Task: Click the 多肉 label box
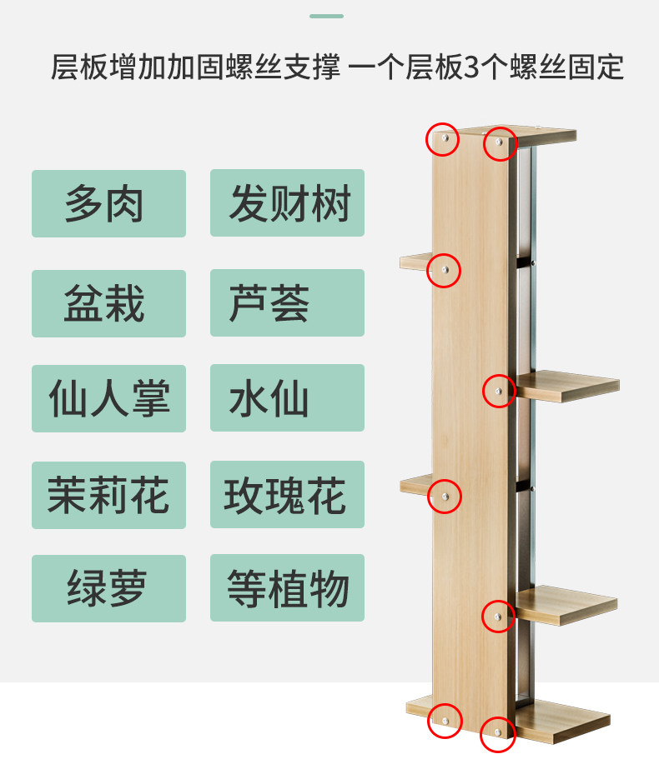pyautogui.click(x=108, y=204)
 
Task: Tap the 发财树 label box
pyautogui.click(x=287, y=203)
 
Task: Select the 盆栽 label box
pyautogui.click(x=108, y=303)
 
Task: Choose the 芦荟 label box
pyautogui.click(x=287, y=303)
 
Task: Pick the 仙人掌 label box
pyautogui.click(x=108, y=398)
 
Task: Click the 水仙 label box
pyautogui.click(x=287, y=398)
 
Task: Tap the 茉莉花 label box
pyautogui.click(x=108, y=495)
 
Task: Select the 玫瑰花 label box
pyautogui.click(x=287, y=495)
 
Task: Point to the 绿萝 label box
pyautogui.click(x=108, y=588)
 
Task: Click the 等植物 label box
pyautogui.click(x=287, y=588)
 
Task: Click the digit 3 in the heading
pyautogui.click(x=472, y=67)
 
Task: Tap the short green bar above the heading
pyautogui.click(x=326, y=16)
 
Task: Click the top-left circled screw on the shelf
pyautogui.click(x=443, y=140)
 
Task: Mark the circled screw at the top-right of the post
pyautogui.click(x=501, y=143)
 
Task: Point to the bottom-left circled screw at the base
pyautogui.click(x=444, y=721)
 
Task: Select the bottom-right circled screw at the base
pyautogui.click(x=498, y=734)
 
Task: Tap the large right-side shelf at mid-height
pyautogui.click(x=567, y=387)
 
